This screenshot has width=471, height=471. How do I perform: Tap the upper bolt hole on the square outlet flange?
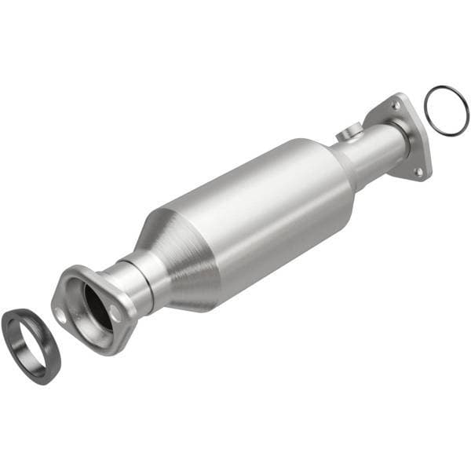point(395,104)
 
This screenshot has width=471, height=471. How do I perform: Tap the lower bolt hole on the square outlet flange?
point(418,170)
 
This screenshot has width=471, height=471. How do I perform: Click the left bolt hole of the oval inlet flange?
point(60,314)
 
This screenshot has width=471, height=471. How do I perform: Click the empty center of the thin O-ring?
point(446,110)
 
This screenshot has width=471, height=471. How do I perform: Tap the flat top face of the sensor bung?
point(345,131)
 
